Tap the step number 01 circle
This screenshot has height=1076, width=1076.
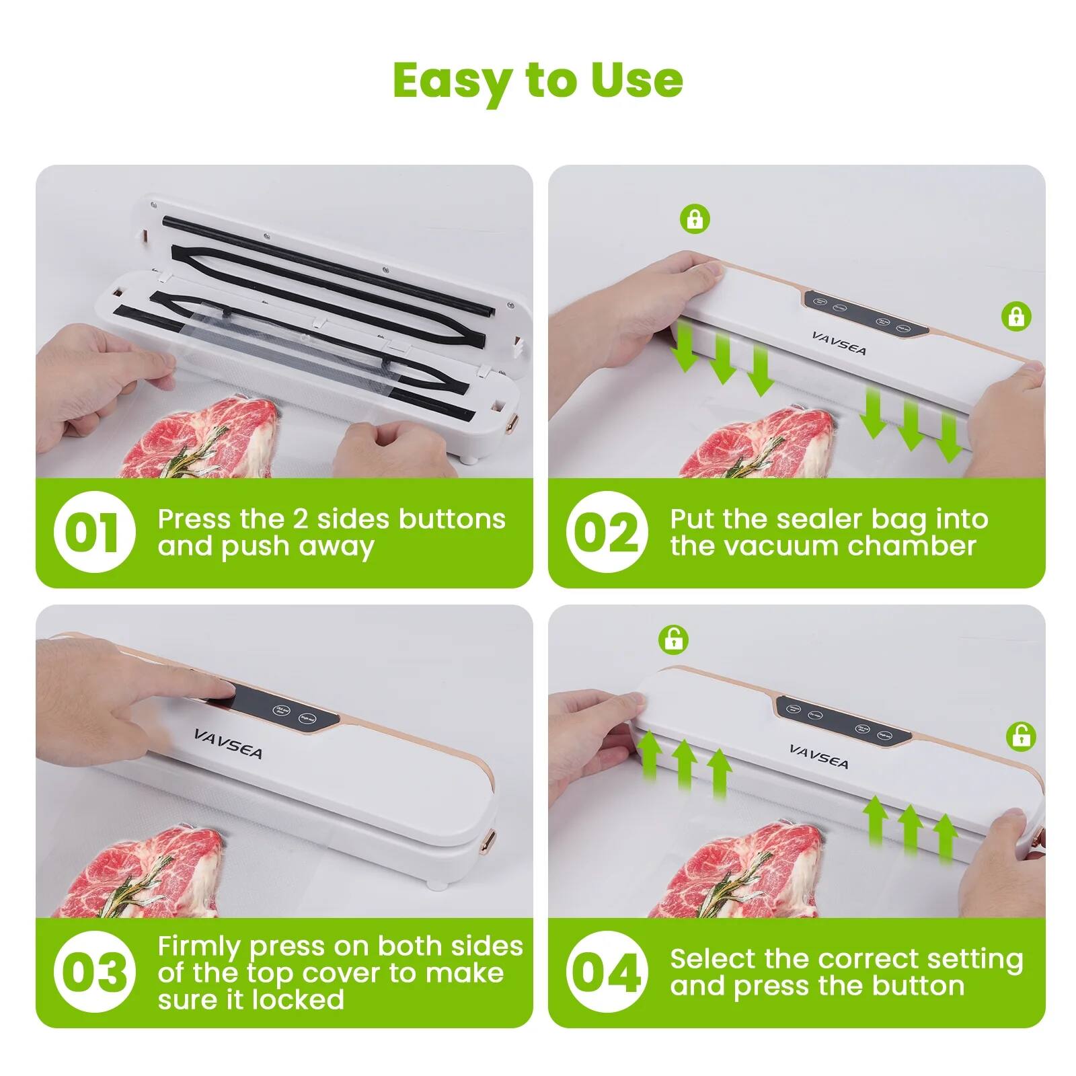94,532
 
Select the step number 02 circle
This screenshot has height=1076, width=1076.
607,532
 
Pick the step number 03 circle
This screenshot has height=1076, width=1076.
94,972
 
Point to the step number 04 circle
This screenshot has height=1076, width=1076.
607,972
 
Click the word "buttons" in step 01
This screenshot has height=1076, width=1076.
452,518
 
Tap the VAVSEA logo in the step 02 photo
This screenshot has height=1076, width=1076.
839,343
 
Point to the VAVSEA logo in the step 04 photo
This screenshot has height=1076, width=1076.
818,756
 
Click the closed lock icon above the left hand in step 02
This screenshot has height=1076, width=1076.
695,219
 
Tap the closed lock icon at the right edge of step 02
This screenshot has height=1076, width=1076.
1016,315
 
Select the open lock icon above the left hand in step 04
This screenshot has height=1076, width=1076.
674,638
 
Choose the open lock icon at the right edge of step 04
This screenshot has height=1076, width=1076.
1021,736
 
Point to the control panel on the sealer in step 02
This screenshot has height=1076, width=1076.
865,314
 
